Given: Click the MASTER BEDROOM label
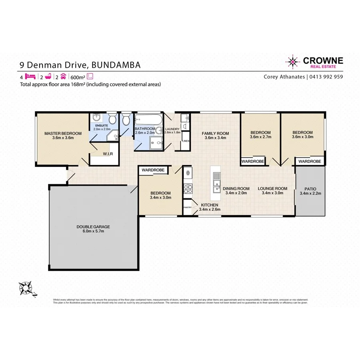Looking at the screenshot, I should coord(63,133).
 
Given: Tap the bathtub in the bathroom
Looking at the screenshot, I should coord(148,120).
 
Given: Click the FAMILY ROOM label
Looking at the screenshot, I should coord(215,133).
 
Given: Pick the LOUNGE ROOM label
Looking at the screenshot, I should coord(272,188).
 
